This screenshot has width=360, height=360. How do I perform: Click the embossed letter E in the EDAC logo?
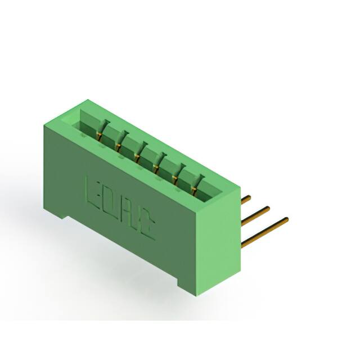[92, 191]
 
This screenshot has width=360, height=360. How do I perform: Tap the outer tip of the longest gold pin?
[287, 219]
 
